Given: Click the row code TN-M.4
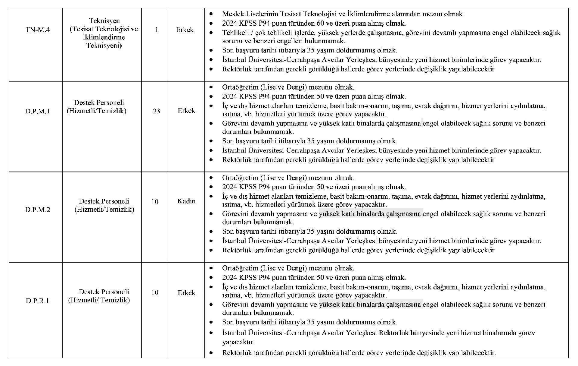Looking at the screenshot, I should pyautogui.click(x=38, y=30).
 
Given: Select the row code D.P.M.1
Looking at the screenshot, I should pyautogui.click(x=38, y=111).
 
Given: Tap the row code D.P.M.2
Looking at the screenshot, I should pyautogui.click(x=38, y=210).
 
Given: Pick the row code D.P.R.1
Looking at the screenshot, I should pyautogui.click(x=38, y=301).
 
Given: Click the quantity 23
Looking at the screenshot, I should pyautogui.click(x=156, y=111).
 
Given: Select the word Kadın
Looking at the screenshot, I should pyautogui.click(x=186, y=201).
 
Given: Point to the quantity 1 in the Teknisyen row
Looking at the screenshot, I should pyautogui.click(x=156, y=30).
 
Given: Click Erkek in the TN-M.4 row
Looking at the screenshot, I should pyautogui.click(x=185, y=30).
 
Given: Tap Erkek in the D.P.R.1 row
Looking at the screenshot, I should pyautogui.click(x=186, y=293).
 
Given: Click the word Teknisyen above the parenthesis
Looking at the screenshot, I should pyautogui.click(x=104, y=21).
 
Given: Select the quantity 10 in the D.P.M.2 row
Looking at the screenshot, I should pyautogui.click(x=155, y=201).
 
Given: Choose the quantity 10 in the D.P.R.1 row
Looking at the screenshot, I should pyautogui.click(x=155, y=292).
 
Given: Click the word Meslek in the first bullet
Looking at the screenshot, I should pyautogui.click(x=232, y=14).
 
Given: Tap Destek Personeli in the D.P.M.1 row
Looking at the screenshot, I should pyautogui.click(x=99, y=103).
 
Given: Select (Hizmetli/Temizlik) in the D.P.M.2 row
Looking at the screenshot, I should pyautogui.click(x=104, y=209).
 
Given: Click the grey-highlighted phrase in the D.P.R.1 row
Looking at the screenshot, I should pyautogui.click(x=371, y=304).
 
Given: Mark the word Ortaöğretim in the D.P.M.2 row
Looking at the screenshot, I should pyautogui.click(x=240, y=178).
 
